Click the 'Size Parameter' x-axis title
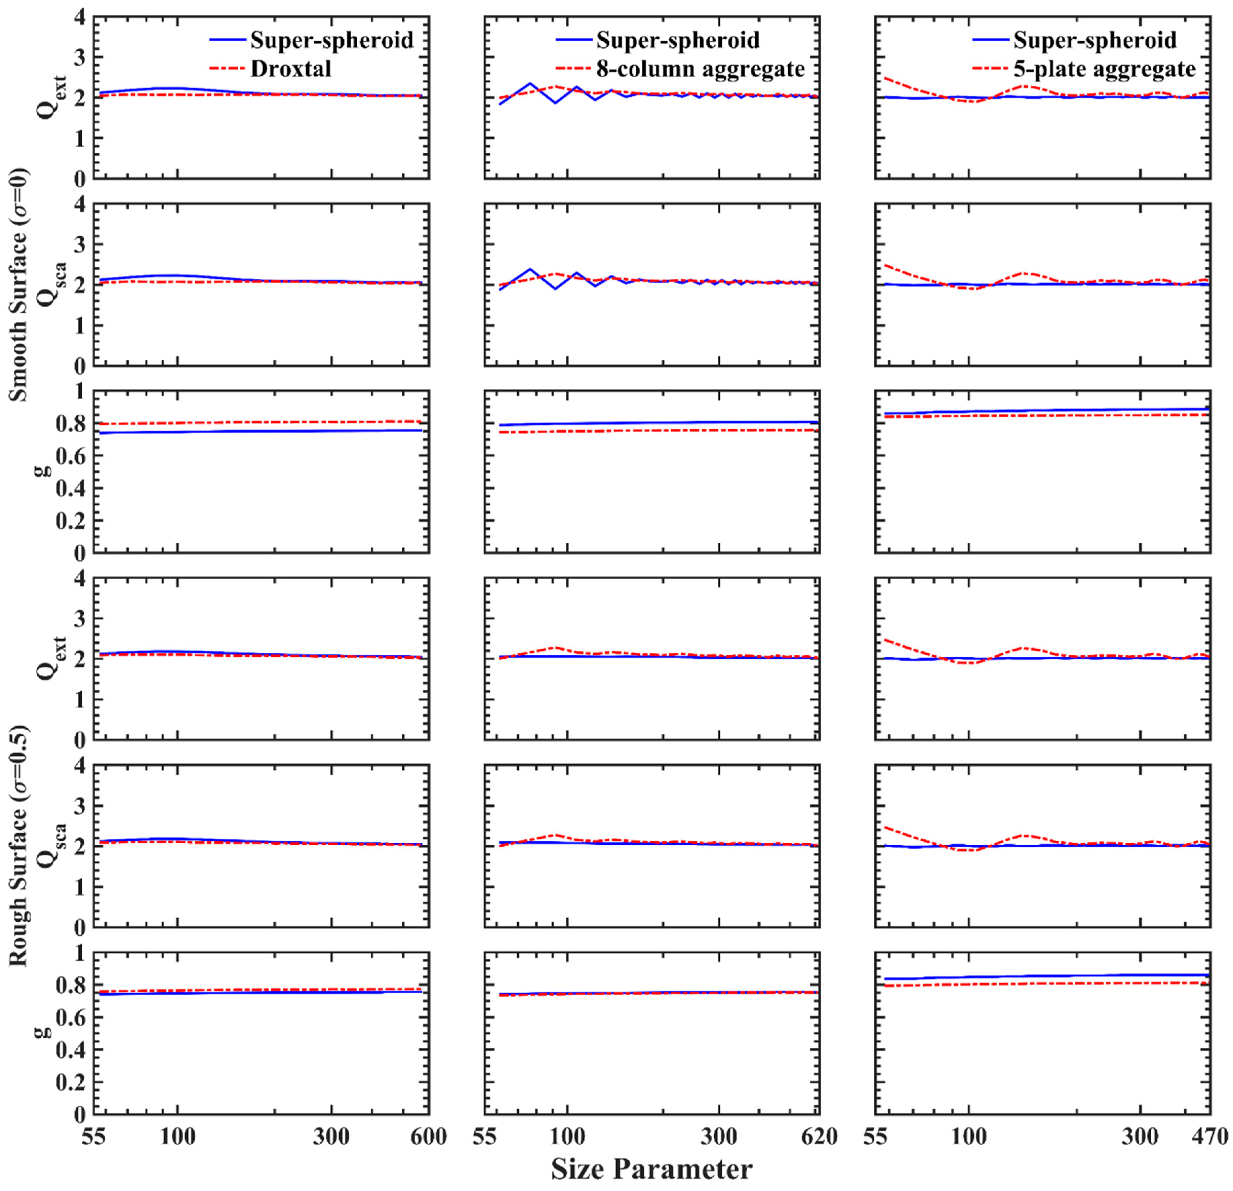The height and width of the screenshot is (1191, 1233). click(652, 1169)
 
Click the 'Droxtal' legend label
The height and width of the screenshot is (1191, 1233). click(291, 69)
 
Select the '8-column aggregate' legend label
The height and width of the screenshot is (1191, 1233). click(700, 69)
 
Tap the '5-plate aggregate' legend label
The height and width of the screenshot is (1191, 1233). click(1104, 69)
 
